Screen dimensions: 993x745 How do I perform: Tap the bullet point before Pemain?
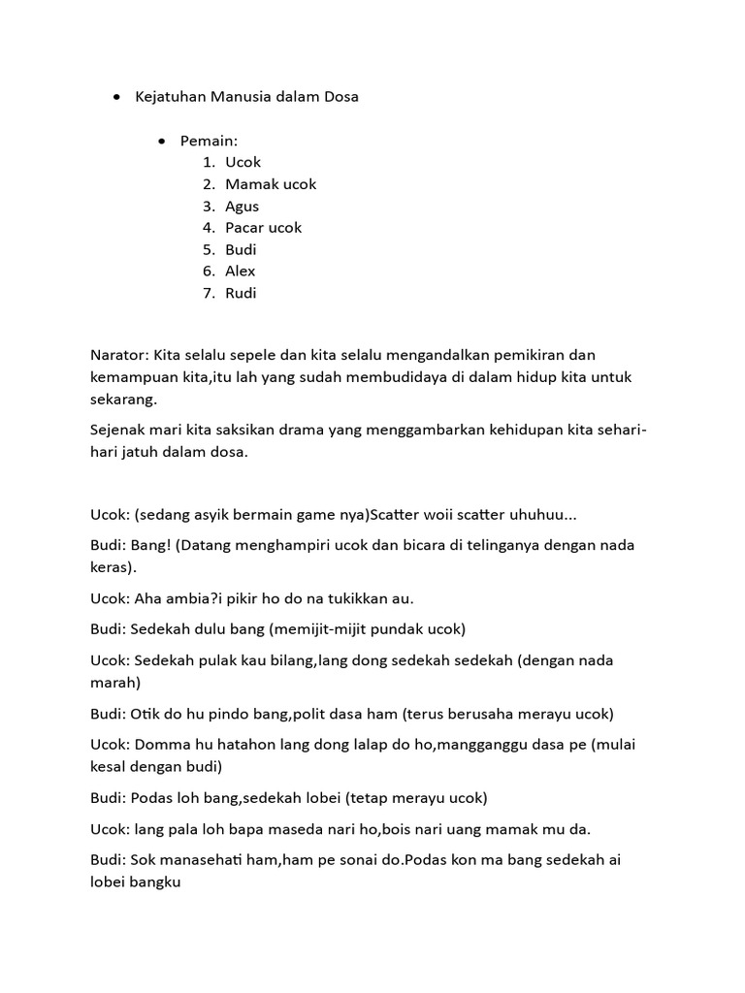161,142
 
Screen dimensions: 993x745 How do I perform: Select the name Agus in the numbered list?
242,206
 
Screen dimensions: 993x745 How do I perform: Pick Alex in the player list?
241,271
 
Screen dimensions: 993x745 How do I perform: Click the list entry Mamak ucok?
271,184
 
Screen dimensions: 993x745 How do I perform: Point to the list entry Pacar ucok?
263,228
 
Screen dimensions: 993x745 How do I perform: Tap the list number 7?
208,293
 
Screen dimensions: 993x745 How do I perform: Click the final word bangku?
162,881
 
